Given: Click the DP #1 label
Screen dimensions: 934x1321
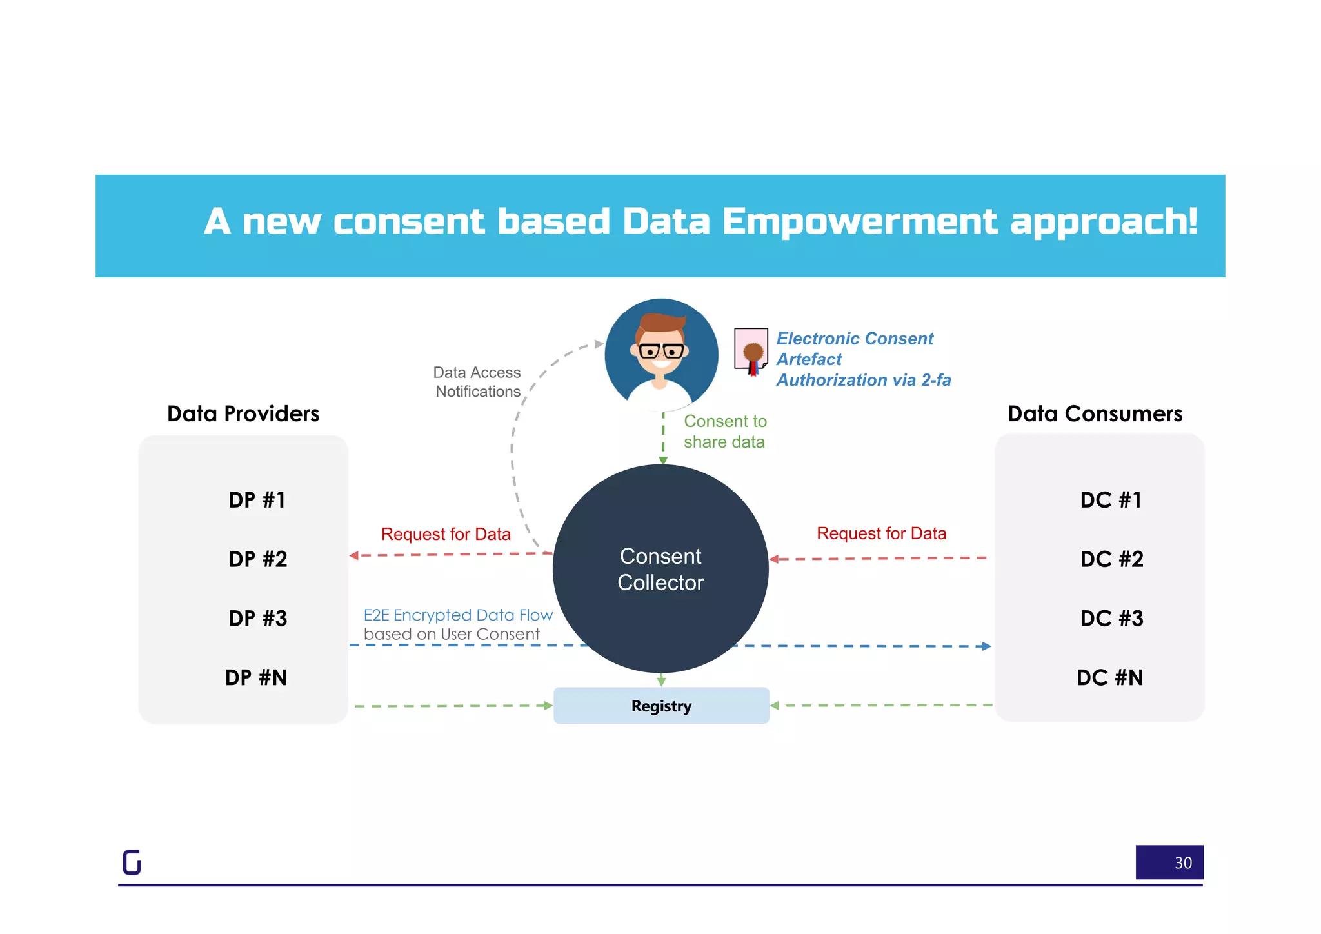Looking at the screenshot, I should pyautogui.click(x=257, y=500).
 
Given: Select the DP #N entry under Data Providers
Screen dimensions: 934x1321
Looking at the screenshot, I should pyautogui.click(x=256, y=677).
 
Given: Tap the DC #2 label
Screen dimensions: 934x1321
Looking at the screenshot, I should pyautogui.click(x=1111, y=559).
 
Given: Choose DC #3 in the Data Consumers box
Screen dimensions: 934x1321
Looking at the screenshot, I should pyautogui.click(x=1111, y=618).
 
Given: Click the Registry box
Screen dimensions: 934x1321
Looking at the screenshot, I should pyautogui.click(x=661, y=706).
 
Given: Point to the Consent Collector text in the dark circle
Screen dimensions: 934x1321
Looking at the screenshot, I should pyautogui.click(x=660, y=569).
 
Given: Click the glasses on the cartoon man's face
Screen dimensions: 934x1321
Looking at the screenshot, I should pyautogui.click(x=661, y=352).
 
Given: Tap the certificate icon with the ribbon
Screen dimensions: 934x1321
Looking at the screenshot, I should pyautogui.click(x=751, y=351).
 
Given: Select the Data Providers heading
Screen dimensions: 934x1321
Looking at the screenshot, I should pyautogui.click(x=243, y=413).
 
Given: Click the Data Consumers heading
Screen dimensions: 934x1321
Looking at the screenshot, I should pyautogui.click(x=1095, y=413).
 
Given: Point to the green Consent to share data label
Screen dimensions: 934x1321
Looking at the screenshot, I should pyautogui.click(x=725, y=432).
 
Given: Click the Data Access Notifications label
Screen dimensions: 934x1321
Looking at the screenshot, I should pyautogui.click(x=477, y=382).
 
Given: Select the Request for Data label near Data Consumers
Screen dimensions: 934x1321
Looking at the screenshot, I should pyautogui.click(x=881, y=533).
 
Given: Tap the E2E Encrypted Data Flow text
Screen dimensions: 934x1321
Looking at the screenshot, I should pyautogui.click(x=458, y=615).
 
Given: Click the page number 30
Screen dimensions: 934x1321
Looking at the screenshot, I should pyautogui.click(x=1182, y=862).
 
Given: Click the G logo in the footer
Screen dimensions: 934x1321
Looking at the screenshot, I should pyautogui.click(x=132, y=862).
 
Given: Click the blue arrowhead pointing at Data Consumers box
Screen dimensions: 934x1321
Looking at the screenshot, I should pyautogui.click(x=986, y=646).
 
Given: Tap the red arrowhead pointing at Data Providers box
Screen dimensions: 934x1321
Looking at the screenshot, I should pyautogui.click(x=354, y=555).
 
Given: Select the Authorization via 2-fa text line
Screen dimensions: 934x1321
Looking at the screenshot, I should pyautogui.click(x=863, y=380).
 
